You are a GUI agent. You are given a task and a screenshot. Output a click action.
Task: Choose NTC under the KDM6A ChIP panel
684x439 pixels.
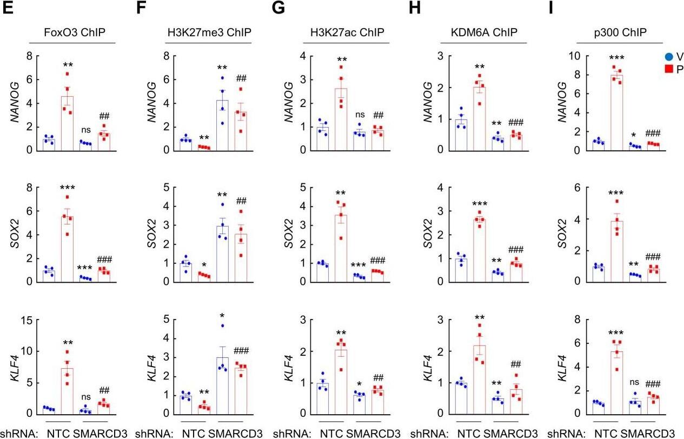[x=469, y=433]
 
